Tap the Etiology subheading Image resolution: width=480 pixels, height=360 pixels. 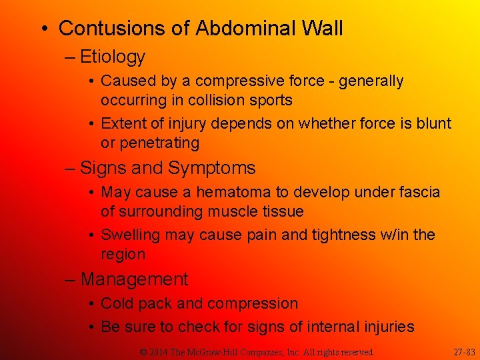click(x=112, y=57)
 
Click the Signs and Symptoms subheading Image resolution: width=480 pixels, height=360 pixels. click(x=167, y=168)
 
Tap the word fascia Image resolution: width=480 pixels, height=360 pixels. click(x=419, y=193)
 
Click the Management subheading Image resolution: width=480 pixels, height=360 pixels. click(x=134, y=279)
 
